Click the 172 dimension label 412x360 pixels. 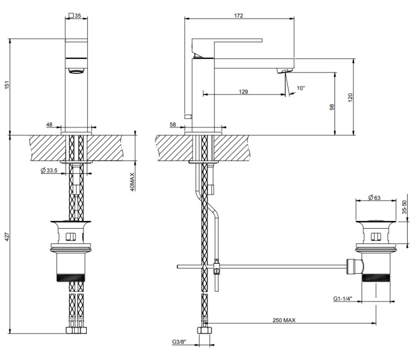(238, 15)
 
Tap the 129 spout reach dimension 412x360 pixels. (243, 92)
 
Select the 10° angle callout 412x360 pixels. (301, 88)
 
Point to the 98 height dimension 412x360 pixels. (332, 107)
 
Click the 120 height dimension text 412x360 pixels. (350, 98)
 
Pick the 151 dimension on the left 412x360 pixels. (7, 85)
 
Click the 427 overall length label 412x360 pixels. (7, 237)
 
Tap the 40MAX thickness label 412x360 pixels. (132, 182)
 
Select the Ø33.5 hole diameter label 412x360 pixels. (49, 170)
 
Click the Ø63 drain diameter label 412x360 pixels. (374, 197)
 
